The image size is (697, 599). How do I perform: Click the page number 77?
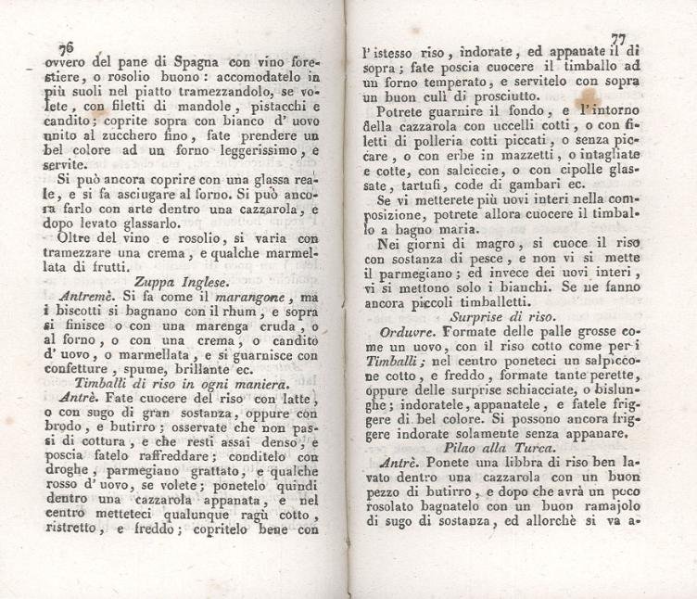click(618, 39)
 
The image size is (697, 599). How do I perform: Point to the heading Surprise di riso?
click(501, 315)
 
